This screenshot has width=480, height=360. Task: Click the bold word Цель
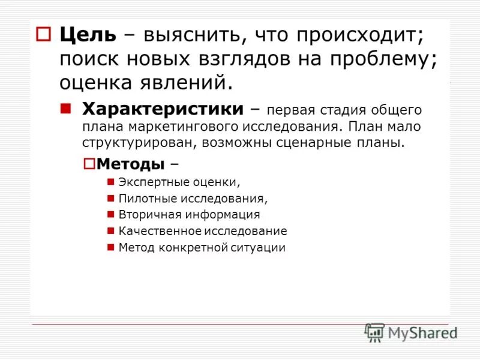pos(87,35)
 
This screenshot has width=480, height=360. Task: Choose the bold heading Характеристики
pos(162,110)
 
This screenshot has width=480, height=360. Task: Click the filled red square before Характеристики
pos(66,109)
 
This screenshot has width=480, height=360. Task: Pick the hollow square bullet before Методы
pos(89,163)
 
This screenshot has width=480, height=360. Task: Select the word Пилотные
pos(140,198)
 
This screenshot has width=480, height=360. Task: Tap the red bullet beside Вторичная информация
pos(110,214)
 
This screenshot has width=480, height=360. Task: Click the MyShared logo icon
pos(374,332)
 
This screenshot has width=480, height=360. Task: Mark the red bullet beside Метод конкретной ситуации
pos(110,247)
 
